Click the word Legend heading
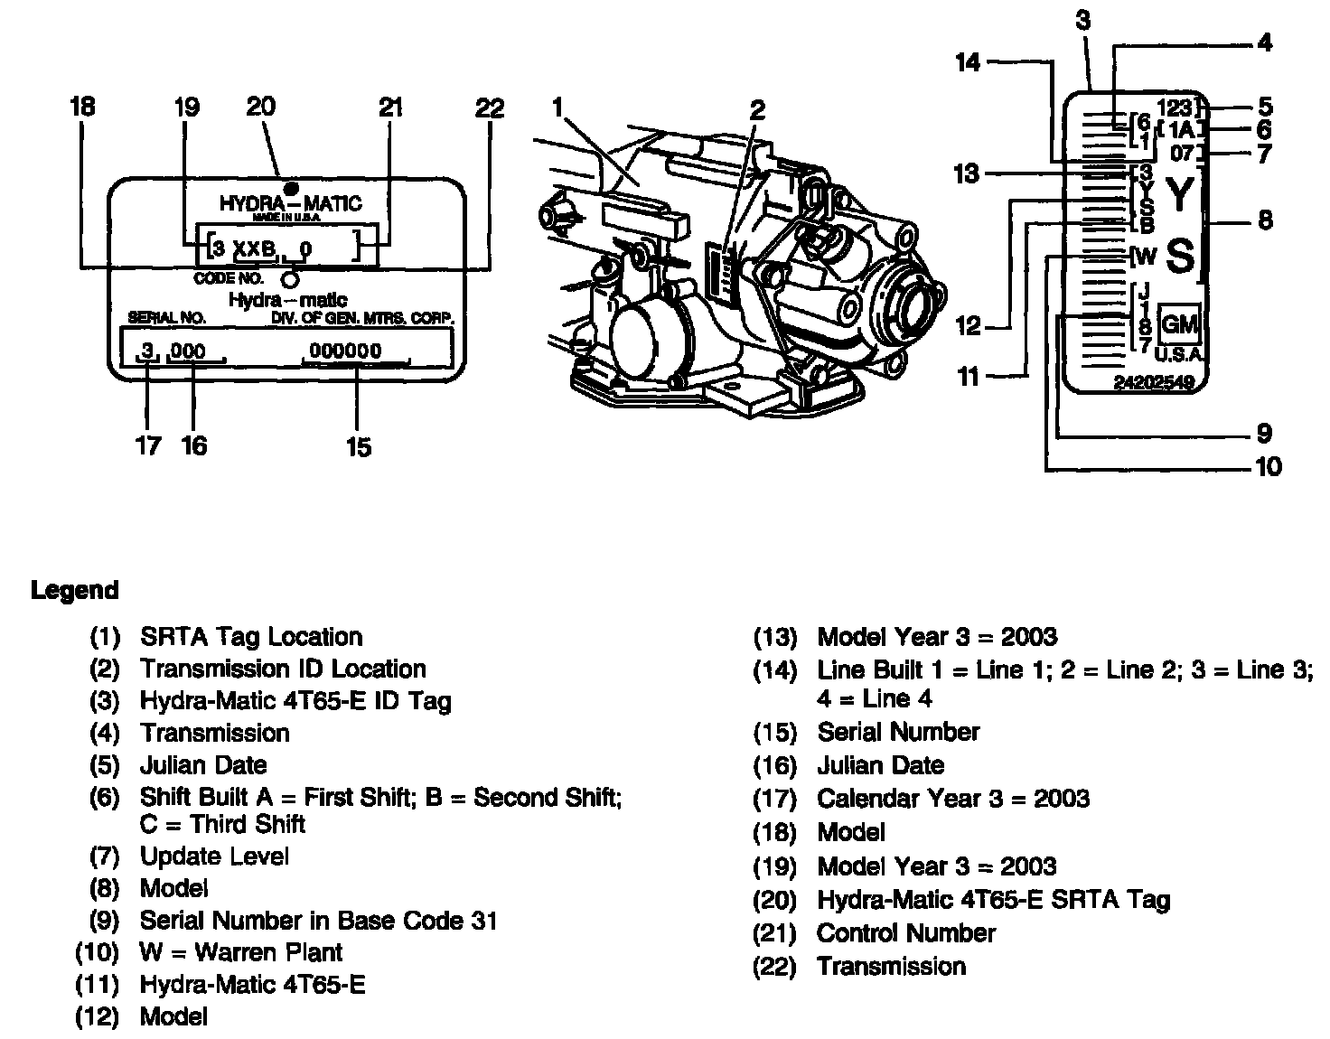point(74,591)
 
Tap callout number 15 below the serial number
point(358,447)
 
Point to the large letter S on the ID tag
point(1180,256)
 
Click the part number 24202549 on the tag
point(1154,383)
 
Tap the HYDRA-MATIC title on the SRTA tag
point(290,202)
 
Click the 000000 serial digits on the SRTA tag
point(345,351)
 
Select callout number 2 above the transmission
point(757,111)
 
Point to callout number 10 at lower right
point(1269,467)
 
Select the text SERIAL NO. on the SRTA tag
point(167,318)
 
